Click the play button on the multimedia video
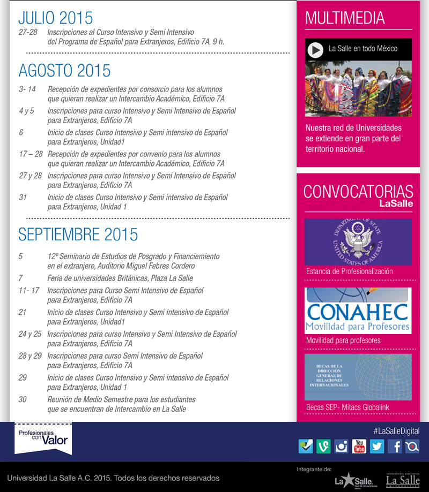(x=316, y=50)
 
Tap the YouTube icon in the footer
(x=359, y=446)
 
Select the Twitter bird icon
(x=377, y=446)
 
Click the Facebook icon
(x=395, y=446)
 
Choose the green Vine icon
(x=323, y=446)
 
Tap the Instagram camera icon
(x=341, y=446)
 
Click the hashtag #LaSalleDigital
(x=396, y=431)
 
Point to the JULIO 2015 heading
(x=55, y=18)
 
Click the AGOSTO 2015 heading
(x=64, y=71)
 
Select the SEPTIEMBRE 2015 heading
(x=78, y=234)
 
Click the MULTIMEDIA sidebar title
(x=345, y=18)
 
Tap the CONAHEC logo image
(x=358, y=311)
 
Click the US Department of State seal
(x=358, y=242)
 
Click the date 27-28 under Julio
(x=28, y=33)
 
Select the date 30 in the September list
(x=23, y=399)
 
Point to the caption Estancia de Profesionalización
(x=349, y=271)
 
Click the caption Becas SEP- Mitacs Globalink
(x=347, y=407)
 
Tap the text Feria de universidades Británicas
(x=120, y=278)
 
